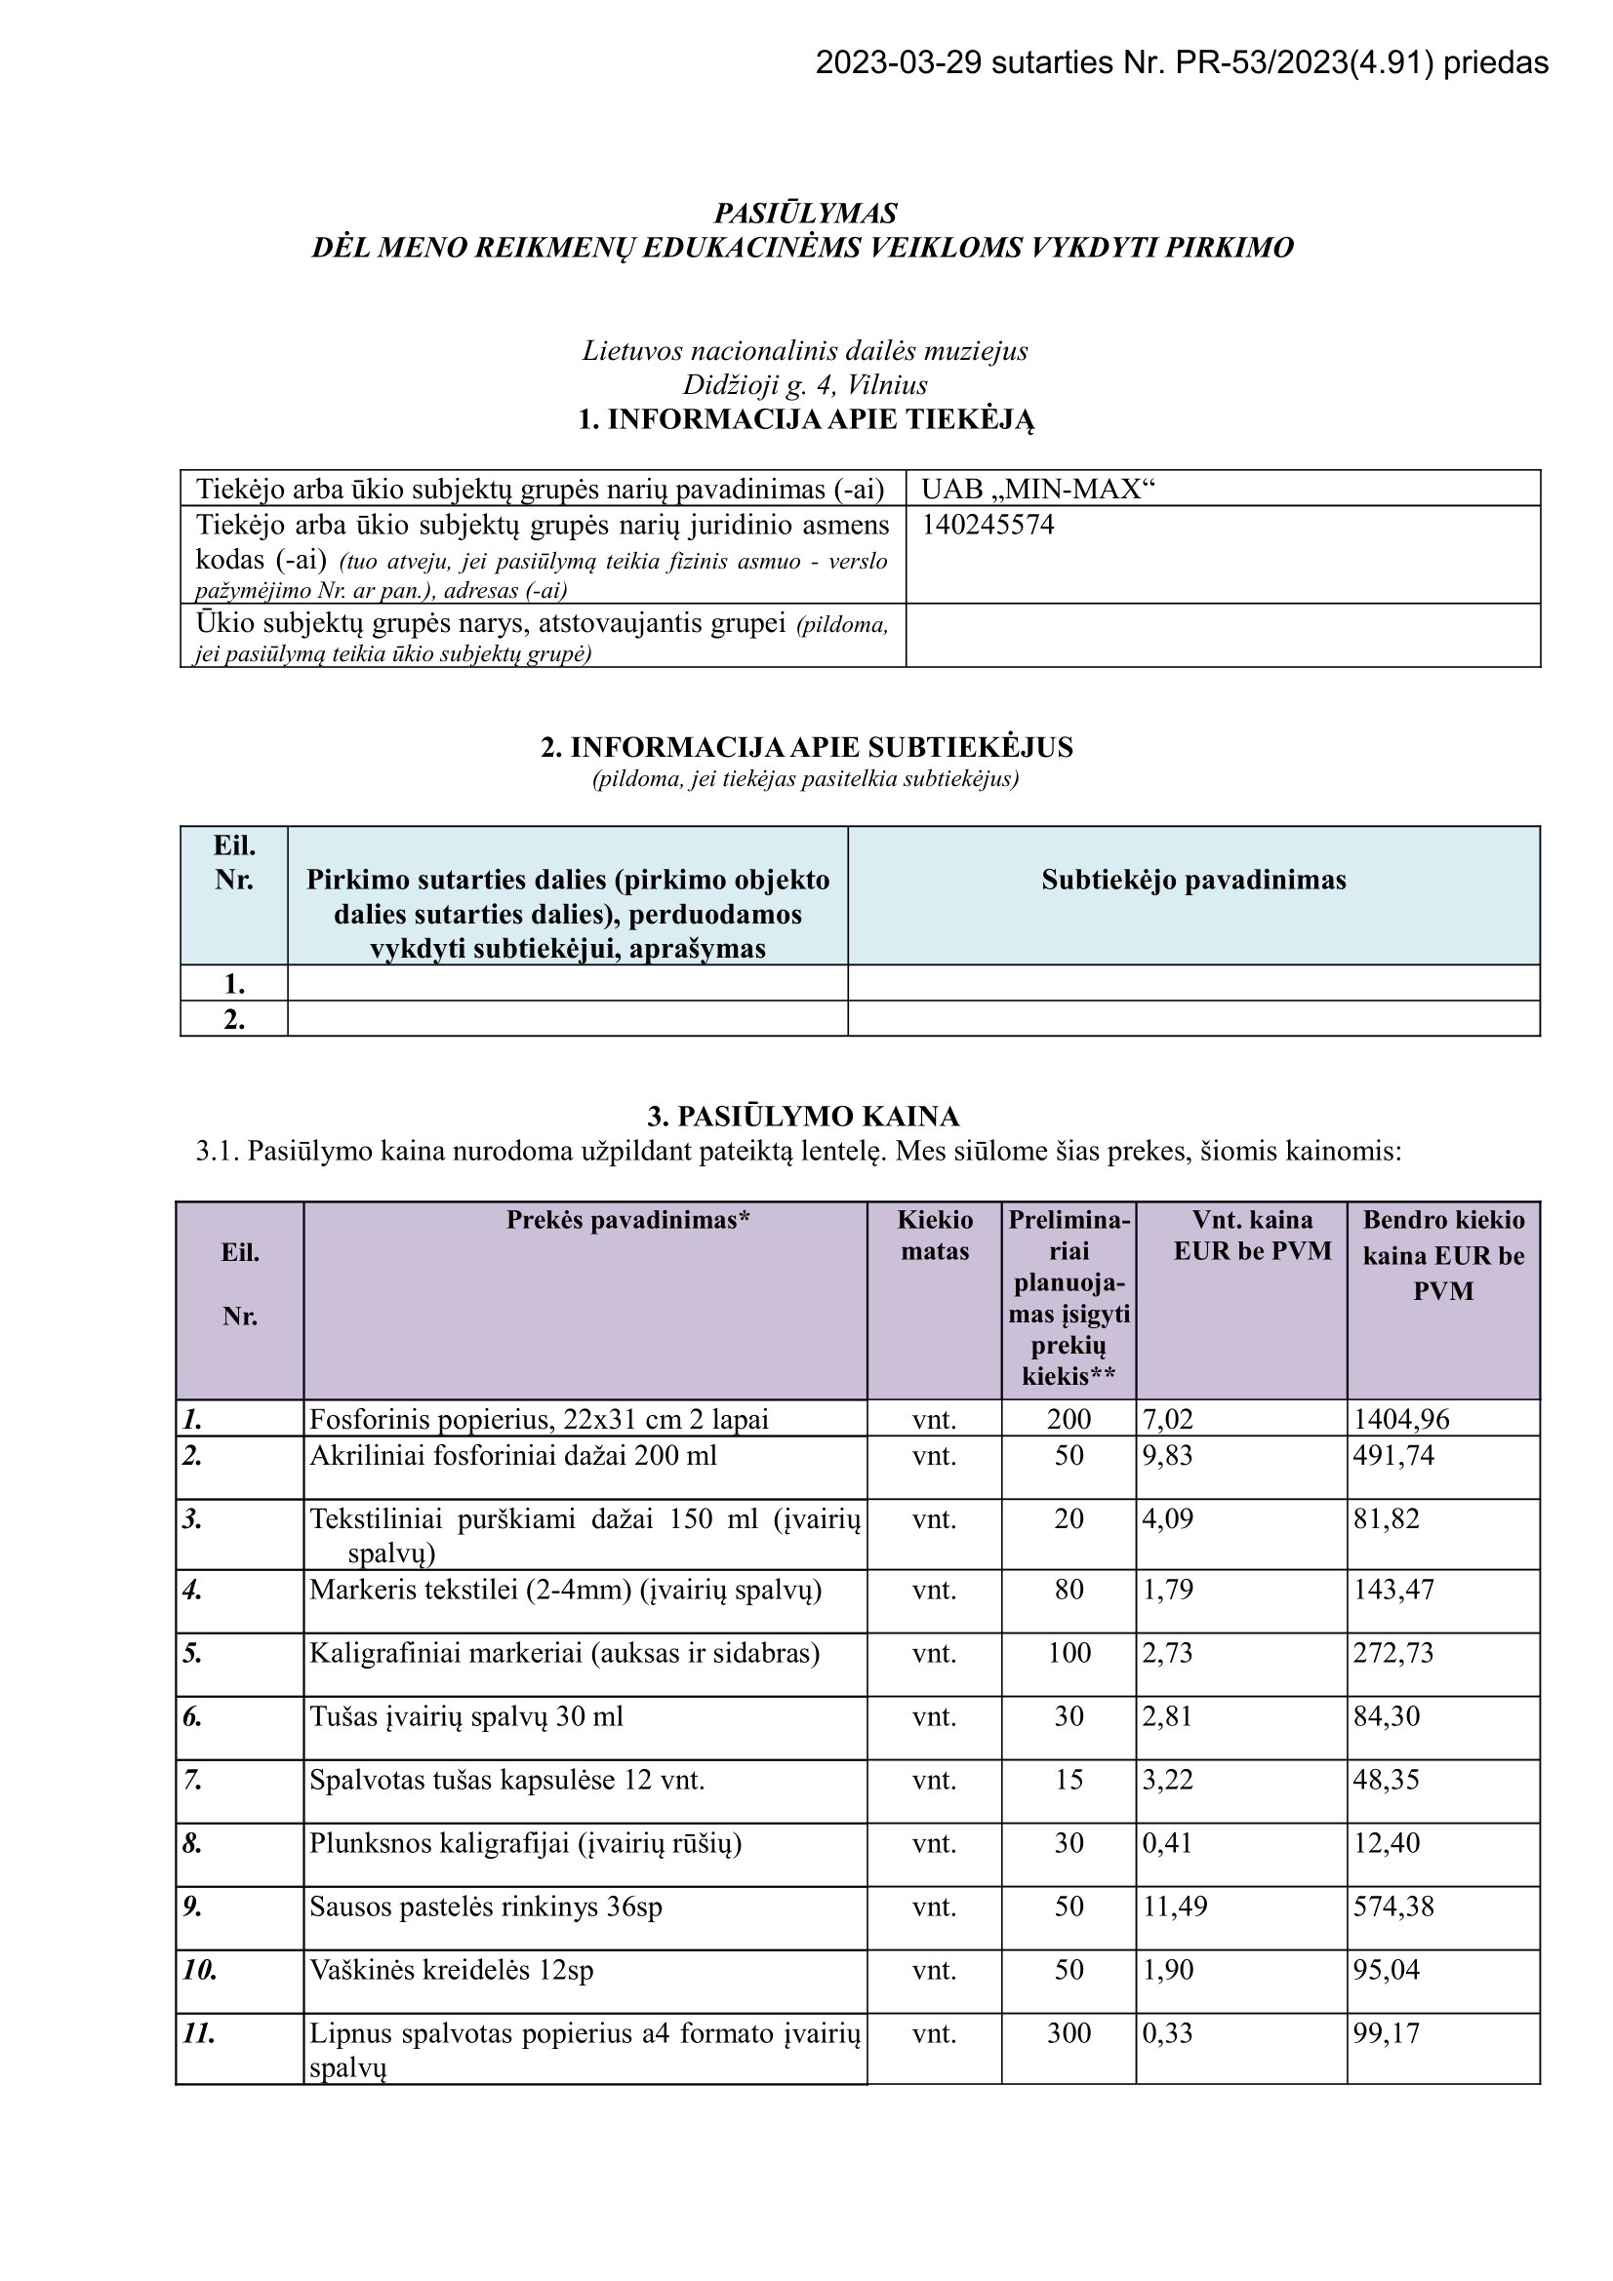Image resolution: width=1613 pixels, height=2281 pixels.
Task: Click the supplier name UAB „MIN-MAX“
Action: (1038, 489)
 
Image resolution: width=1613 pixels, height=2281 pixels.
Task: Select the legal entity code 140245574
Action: (987, 525)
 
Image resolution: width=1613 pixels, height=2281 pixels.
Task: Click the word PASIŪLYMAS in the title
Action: (805, 214)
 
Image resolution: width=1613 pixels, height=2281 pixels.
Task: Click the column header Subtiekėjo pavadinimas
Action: (1193, 881)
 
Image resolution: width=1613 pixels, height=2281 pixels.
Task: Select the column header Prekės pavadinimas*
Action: (628, 1220)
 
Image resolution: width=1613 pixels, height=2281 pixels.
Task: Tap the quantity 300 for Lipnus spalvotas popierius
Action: (1069, 2033)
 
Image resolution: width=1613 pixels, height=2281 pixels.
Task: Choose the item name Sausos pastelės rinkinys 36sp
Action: (485, 1907)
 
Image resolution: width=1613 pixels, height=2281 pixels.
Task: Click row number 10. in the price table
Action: (200, 1970)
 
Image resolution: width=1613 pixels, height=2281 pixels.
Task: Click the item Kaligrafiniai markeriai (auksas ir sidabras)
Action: (564, 1653)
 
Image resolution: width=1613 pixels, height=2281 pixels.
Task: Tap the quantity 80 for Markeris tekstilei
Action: (1069, 1590)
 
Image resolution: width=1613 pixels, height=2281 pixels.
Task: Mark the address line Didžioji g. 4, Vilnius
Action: (805, 385)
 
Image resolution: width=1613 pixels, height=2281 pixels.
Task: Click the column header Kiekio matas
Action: (934, 1235)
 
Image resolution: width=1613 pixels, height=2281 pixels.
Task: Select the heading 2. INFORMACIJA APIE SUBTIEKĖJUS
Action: (806, 747)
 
